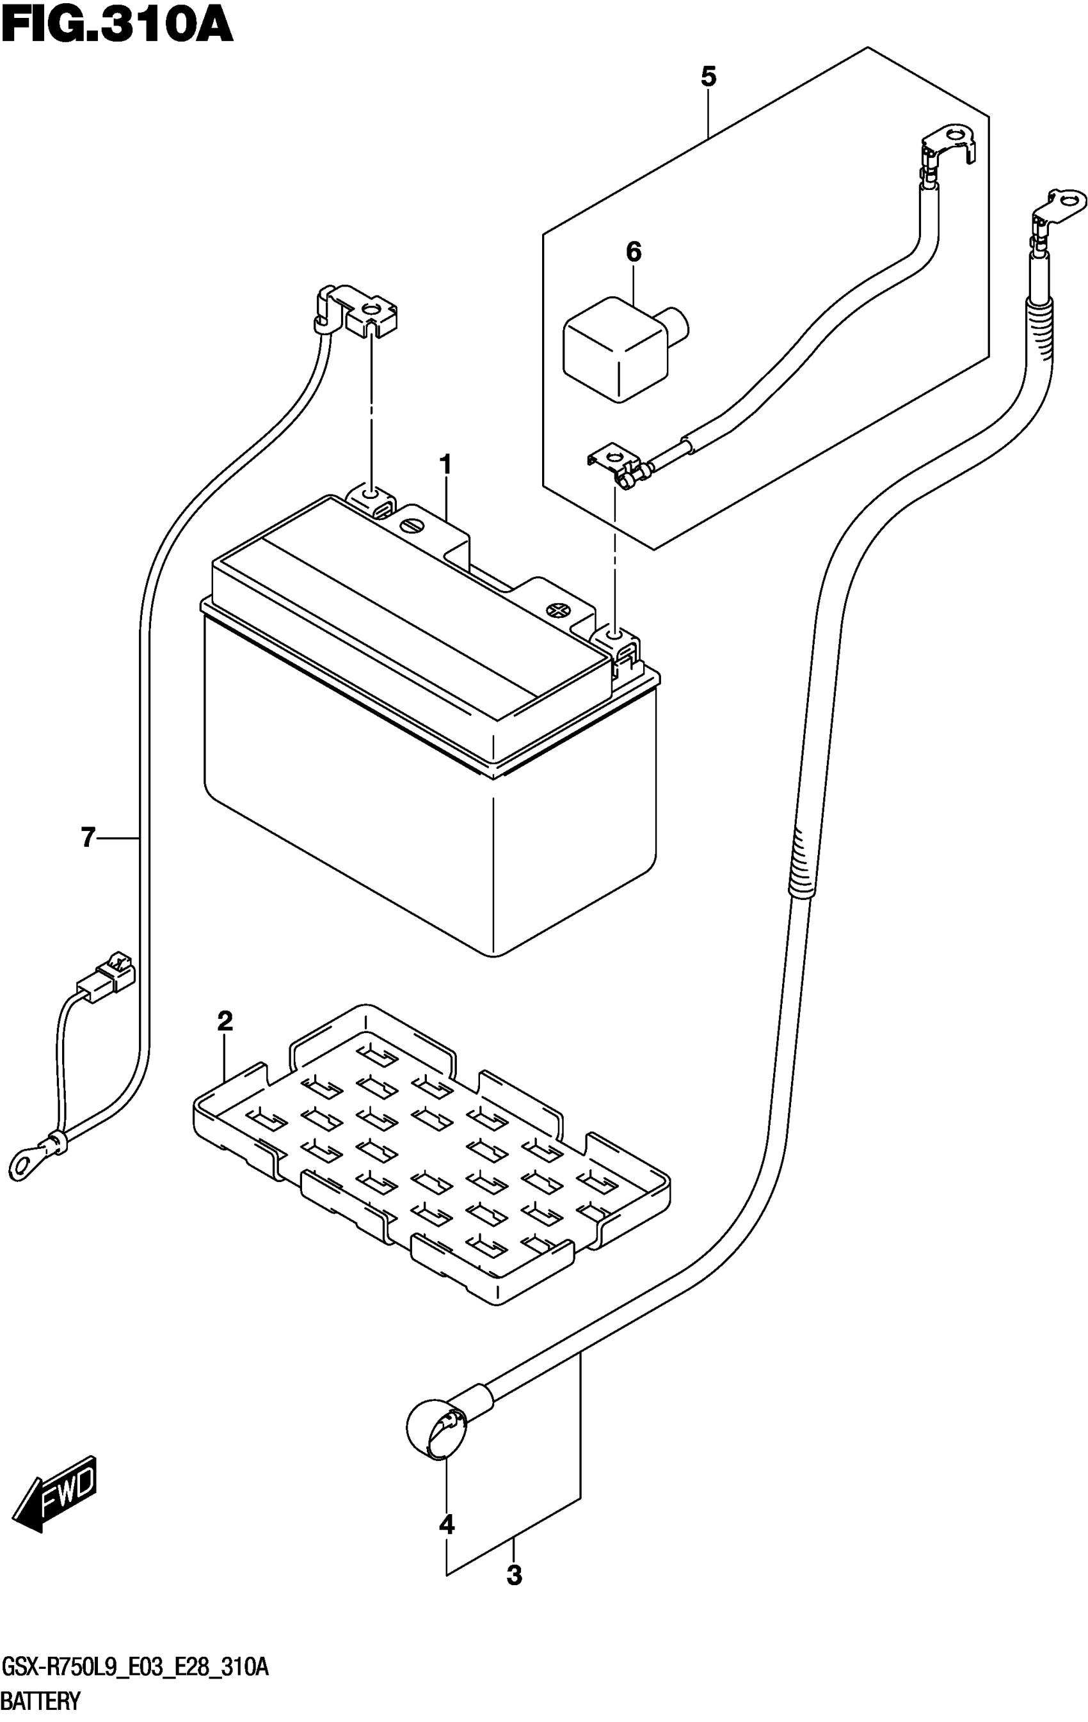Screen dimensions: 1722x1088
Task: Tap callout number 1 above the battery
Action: (445, 466)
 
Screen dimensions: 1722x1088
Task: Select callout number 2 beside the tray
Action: (225, 1021)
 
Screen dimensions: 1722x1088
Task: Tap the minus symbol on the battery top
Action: (413, 524)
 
